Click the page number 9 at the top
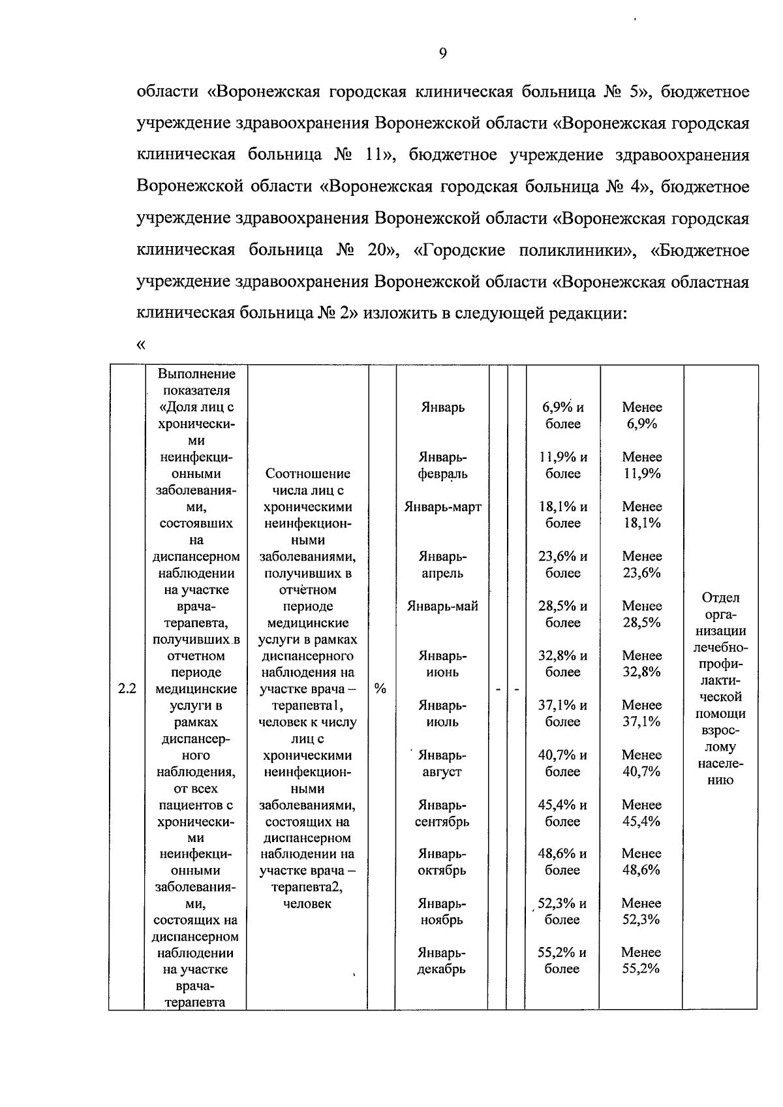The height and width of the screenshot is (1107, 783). point(443,54)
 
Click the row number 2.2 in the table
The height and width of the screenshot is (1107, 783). point(127,689)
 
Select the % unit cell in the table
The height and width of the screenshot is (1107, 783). point(381,689)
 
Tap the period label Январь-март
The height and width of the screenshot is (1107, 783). point(442,507)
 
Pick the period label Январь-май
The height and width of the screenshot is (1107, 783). point(442,606)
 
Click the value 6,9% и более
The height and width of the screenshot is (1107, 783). point(562,416)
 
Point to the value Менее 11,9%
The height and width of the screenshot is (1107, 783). point(641,465)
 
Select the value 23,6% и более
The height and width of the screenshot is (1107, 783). point(562,565)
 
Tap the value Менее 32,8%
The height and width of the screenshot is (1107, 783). point(641,664)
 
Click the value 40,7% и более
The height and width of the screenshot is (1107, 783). point(562,763)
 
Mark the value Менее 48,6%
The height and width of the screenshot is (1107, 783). point(641,862)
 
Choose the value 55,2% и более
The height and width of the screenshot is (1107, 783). point(562,961)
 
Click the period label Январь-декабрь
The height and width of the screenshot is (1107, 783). point(442,961)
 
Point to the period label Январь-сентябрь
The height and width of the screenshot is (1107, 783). point(442,813)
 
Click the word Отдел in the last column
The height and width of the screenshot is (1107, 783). point(720,597)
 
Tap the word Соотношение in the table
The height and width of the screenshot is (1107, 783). point(307,473)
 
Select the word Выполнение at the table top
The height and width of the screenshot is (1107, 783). point(196,374)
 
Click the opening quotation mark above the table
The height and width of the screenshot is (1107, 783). point(140,344)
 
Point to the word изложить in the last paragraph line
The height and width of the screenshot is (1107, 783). point(395,313)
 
